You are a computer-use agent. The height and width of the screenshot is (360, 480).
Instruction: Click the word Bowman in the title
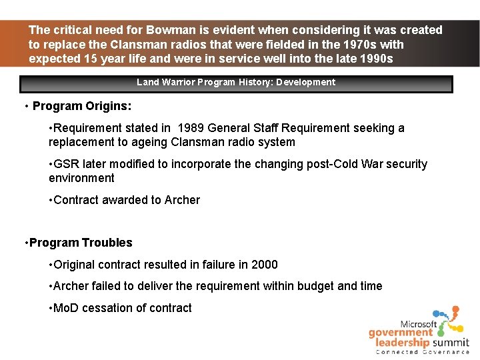[x=169, y=30]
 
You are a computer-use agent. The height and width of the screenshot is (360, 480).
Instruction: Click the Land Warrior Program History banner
[x=236, y=83]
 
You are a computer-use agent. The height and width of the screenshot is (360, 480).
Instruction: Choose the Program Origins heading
[x=82, y=106]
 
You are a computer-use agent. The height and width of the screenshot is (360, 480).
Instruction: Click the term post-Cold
[x=297, y=164]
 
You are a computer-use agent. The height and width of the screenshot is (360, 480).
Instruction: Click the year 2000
[x=264, y=265]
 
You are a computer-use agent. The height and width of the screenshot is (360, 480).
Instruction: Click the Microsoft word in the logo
[x=419, y=323]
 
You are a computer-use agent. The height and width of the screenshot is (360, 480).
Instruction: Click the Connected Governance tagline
[x=422, y=351]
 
